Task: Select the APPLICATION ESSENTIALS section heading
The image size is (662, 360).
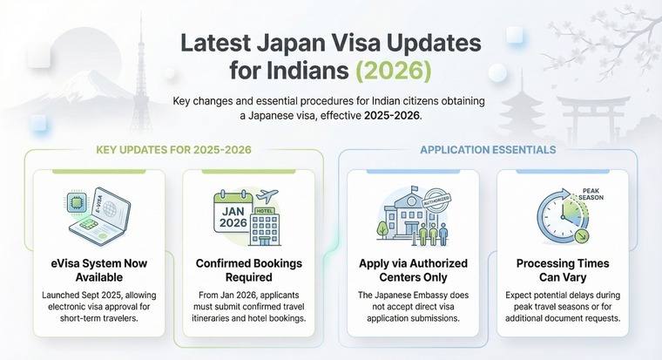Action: (x=488, y=150)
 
